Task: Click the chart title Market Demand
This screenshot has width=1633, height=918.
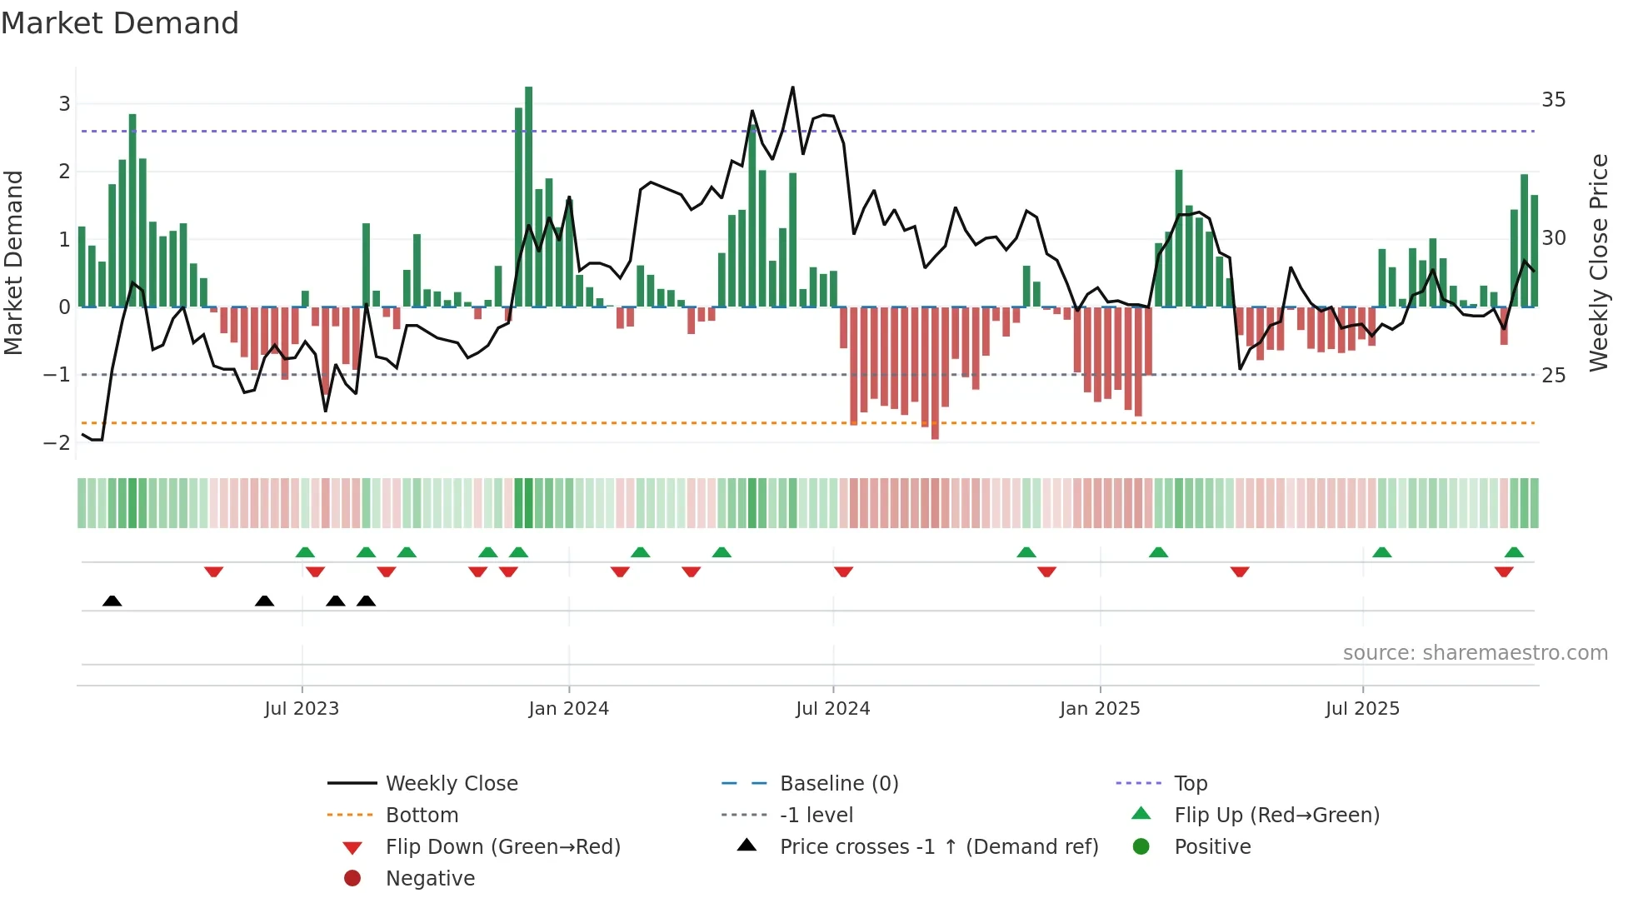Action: tap(120, 23)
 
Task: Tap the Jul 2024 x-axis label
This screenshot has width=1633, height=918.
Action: tap(832, 709)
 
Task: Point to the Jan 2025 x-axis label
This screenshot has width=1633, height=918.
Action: tap(1100, 709)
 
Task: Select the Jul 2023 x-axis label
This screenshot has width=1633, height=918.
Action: tap(302, 709)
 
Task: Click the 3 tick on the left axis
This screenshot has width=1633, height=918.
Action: tap(64, 104)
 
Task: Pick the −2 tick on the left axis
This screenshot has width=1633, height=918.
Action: tap(57, 443)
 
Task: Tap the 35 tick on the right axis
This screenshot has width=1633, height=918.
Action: tap(1553, 100)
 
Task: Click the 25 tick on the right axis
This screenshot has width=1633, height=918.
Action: tap(1553, 376)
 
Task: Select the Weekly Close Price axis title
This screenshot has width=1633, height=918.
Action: tap(1598, 262)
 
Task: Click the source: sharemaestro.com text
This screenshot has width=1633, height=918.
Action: tap(1475, 653)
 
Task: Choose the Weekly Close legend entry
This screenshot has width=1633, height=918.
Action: tap(451, 784)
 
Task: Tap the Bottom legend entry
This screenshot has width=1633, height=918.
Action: tap(422, 816)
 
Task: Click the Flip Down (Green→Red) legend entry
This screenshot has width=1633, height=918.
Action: tap(502, 847)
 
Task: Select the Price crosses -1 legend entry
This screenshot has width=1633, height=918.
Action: tap(938, 847)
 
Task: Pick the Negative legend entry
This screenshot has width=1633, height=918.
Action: tap(430, 879)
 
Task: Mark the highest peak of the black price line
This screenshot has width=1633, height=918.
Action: tap(792, 87)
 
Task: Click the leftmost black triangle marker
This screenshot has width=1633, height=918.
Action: tap(112, 601)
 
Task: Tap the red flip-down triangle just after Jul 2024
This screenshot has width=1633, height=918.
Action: tap(843, 571)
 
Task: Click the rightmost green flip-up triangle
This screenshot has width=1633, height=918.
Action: tap(1514, 552)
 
